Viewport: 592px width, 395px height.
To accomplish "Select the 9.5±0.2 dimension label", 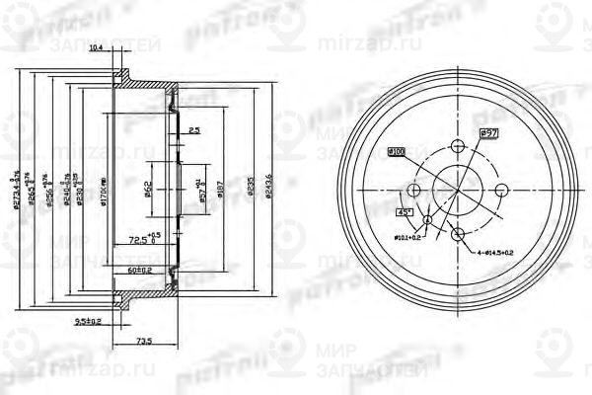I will click(x=89, y=320).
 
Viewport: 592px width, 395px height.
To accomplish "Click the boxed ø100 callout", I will click(x=397, y=151).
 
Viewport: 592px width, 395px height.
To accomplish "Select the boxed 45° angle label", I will click(x=405, y=210).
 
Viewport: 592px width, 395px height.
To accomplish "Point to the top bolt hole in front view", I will click(x=458, y=145).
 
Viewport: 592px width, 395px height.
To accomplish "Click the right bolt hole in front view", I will click(x=501, y=190).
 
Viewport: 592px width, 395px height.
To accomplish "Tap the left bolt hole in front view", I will click(x=414, y=190).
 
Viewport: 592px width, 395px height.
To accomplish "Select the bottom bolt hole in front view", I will click(x=458, y=233).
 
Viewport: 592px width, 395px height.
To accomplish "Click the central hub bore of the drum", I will click(x=458, y=190).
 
